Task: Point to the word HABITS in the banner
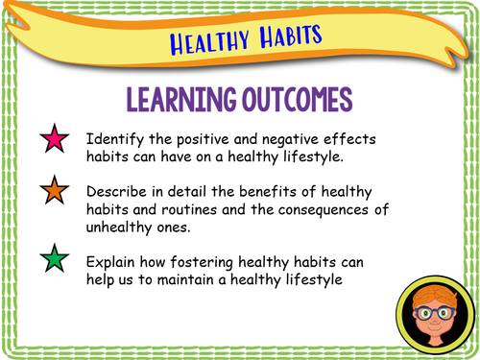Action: [285, 36]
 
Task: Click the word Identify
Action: [114, 139]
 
